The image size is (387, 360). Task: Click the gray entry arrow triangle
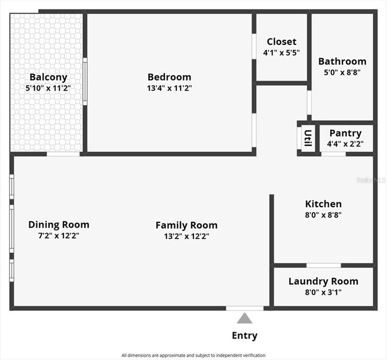point(244,318)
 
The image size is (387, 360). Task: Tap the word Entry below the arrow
point(244,336)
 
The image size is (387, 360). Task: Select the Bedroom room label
point(169,77)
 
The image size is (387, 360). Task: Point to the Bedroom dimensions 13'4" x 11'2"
point(169,88)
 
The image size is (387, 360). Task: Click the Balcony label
point(48,77)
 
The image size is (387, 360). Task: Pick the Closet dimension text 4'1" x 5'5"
point(281,52)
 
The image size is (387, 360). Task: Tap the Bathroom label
point(342,61)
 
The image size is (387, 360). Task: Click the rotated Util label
point(308,138)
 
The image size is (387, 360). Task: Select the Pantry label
point(345,133)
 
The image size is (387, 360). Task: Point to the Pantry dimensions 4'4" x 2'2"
point(345,143)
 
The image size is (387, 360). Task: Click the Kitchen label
point(323,204)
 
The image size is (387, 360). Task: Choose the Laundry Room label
point(323,281)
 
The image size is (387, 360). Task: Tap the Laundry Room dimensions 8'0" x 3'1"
point(323,292)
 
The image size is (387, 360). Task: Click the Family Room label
point(186,225)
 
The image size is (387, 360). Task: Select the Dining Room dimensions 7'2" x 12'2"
point(58,235)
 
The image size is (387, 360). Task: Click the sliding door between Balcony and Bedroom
point(85,81)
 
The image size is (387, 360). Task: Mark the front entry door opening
point(245,308)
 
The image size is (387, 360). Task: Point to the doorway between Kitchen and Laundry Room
point(323,265)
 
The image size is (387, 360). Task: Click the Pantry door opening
point(333,154)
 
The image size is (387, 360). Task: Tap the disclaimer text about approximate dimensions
point(193,355)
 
